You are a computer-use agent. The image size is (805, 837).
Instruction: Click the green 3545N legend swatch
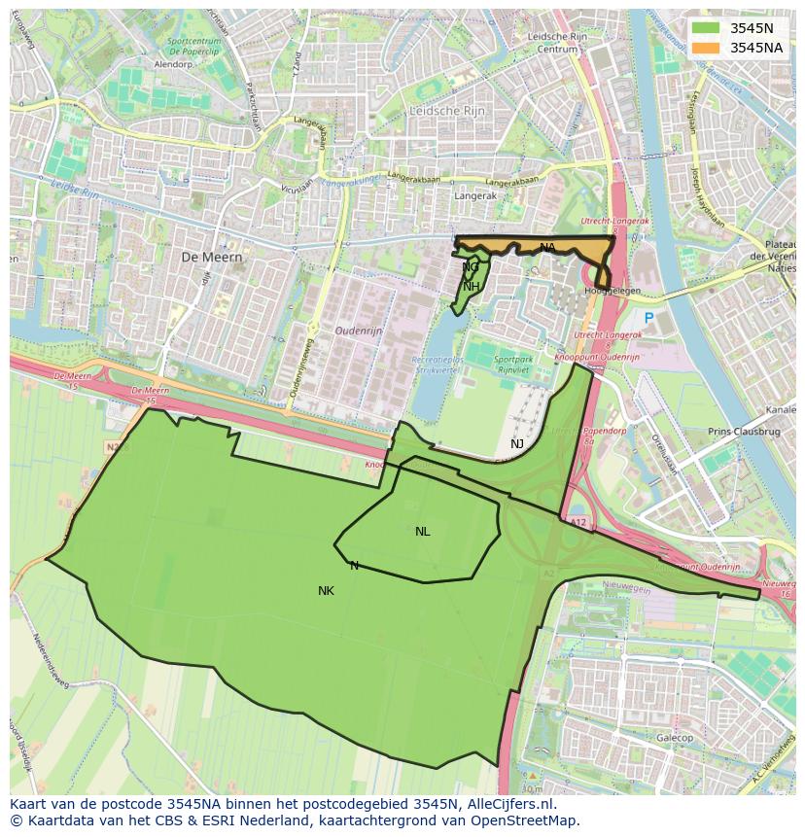pyautogui.click(x=707, y=28)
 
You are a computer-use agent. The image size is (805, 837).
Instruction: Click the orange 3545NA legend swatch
pyautogui.click(x=707, y=48)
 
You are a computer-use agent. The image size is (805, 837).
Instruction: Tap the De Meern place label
pyautogui.click(x=211, y=257)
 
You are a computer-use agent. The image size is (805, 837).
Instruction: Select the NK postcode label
pyautogui.click(x=326, y=591)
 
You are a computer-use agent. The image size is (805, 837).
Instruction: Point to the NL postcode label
pyautogui.click(x=422, y=532)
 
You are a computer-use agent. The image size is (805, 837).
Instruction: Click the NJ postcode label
pyautogui.click(x=517, y=444)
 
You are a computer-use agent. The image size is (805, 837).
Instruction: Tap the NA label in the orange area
pyautogui.click(x=547, y=248)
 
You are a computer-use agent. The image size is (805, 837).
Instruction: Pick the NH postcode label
pyautogui.click(x=471, y=287)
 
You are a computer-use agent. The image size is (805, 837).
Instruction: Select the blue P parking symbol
pyautogui.click(x=648, y=318)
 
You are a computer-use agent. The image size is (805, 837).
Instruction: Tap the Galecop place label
pyautogui.click(x=675, y=739)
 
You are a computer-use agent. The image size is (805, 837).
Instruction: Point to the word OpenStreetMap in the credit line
pyautogui.click(x=529, y=820)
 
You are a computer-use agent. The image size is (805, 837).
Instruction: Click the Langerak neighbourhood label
pyautogui.click(x=475, y=196)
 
